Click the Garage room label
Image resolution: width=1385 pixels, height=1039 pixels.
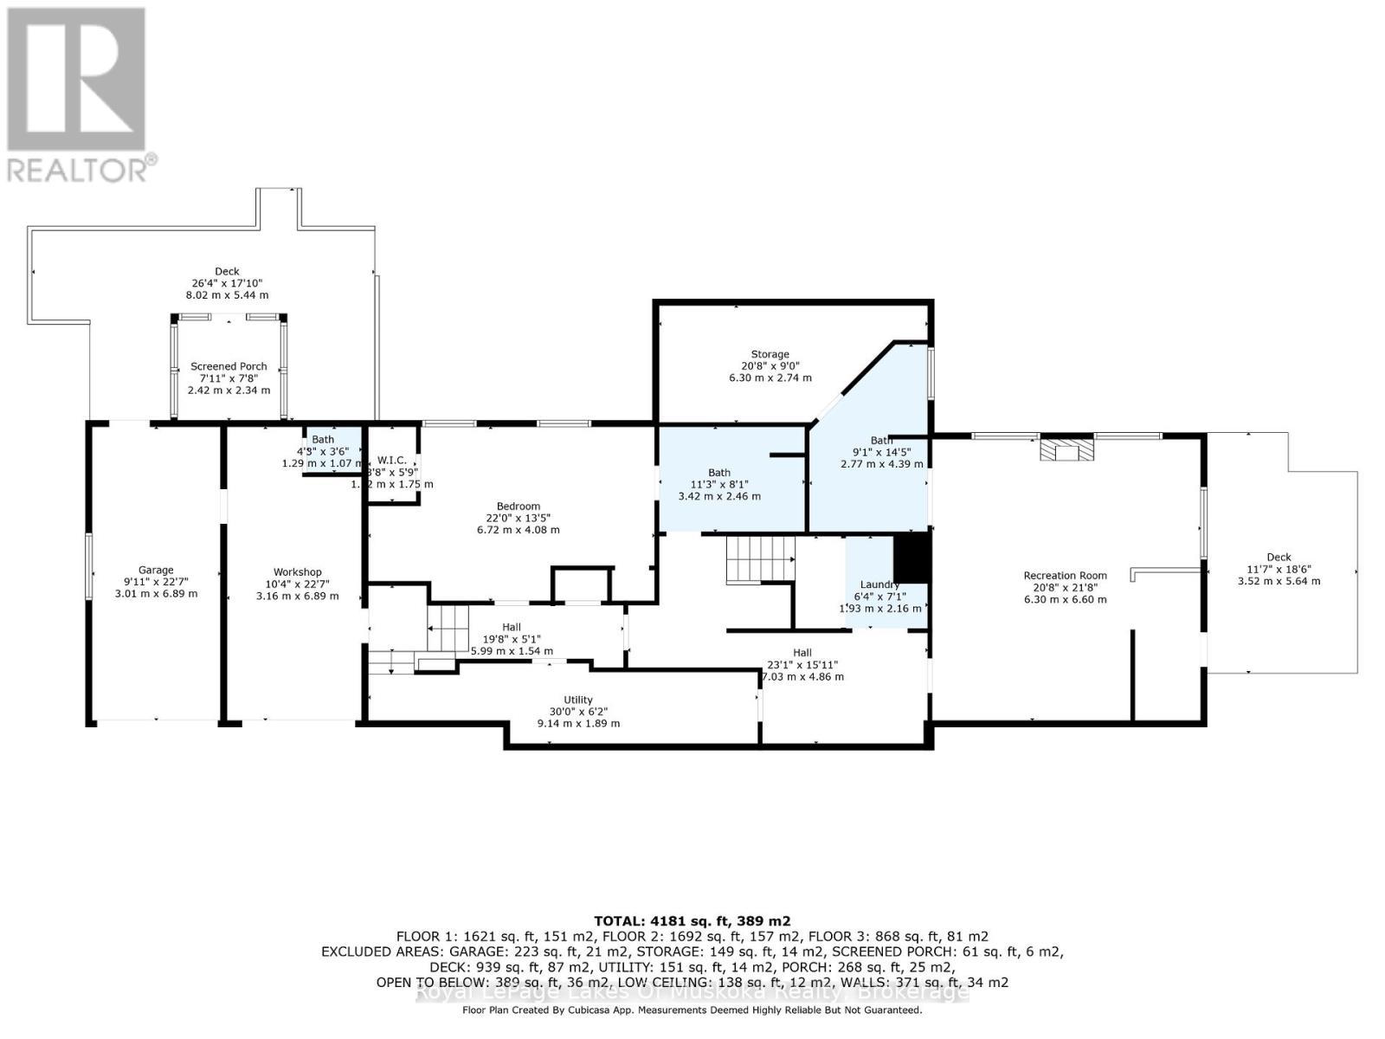(x=156, y=570)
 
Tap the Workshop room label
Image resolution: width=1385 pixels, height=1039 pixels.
(x=297, y=571)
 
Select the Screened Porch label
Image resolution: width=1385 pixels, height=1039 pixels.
(x=229, y=366)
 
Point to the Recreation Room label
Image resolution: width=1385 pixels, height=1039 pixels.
(x=1065, y=575)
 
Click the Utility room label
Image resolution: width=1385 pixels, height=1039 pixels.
(x=577, y=700)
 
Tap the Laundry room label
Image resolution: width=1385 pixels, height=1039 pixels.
(x=879, y=584)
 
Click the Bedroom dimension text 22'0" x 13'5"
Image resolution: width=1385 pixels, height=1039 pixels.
(x=518, y=518)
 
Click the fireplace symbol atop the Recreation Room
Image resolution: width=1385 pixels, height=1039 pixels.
(x=1066, y=450)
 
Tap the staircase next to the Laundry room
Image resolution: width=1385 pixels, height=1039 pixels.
(x=759, y=559)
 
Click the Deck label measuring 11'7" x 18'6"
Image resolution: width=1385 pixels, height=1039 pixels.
(x=1279, y=557)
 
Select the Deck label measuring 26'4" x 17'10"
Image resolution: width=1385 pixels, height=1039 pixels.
(x=227, y=271)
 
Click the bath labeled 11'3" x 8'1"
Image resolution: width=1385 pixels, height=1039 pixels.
(x=718, y=473)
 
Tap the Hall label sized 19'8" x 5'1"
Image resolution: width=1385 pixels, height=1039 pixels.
(x=512, y=627)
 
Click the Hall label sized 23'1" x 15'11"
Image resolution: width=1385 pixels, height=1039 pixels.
(x=802, y=652)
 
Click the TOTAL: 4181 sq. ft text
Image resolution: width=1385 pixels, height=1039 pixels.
(x=692, y=920)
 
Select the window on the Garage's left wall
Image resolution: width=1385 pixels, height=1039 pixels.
(x=88, y=565)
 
